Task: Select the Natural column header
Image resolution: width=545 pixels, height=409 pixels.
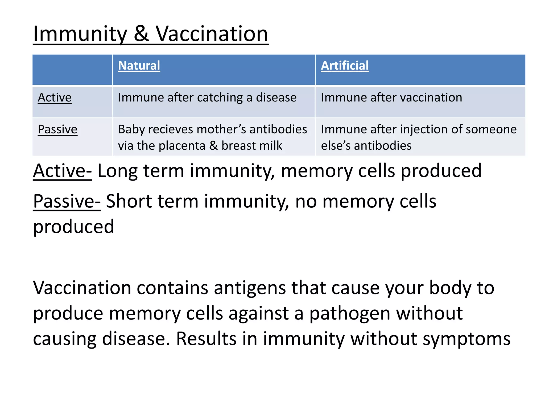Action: (x=139, y=66)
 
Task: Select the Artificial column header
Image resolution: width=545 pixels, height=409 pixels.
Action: (x=345, y=66)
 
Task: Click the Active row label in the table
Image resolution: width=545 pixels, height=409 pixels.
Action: (x=55, y=97)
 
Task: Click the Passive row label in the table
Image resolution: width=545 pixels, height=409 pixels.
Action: (x=57, y=129)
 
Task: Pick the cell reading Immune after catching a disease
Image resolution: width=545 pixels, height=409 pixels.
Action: (x=207, y=97)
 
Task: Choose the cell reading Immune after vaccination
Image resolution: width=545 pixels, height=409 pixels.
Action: (x=391, y=97)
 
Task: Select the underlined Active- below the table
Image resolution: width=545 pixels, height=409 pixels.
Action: (x=62, y=171)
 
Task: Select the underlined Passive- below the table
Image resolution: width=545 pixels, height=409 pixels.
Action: (x=67, y=201)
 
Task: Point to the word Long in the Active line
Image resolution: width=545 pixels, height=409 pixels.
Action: (x=117, y=171)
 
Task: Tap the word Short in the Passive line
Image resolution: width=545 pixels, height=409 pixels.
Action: (x=129, y=201)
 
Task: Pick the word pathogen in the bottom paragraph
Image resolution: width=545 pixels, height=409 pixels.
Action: (x=350, y=313)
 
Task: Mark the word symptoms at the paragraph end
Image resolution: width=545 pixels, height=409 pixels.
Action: (x=466, y=339)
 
